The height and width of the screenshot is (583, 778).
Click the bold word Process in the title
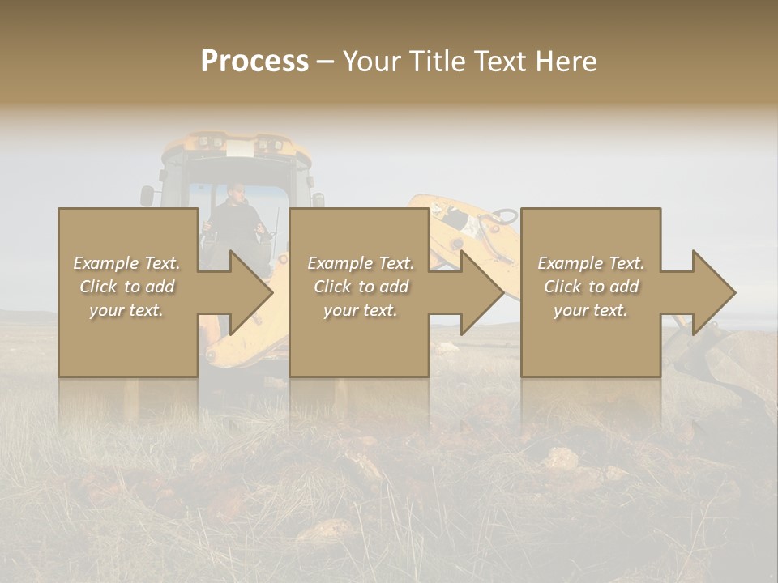click(254, 62)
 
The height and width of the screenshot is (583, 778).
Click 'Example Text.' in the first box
click(127, 263)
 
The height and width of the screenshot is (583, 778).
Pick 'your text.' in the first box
click(126, 310)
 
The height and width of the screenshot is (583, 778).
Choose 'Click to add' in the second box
click(361, 287)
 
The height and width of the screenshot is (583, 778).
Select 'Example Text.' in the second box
click(361, 263)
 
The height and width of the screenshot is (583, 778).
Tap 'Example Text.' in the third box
click(591, 263)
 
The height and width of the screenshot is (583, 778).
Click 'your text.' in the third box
click(591, 310)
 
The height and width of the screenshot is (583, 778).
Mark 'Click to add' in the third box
click(591, 287)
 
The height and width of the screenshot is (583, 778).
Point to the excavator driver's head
click(234, 192)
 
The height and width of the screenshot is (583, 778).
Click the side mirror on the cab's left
click(147, 195)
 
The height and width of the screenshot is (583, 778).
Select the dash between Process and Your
click(325, 62)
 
